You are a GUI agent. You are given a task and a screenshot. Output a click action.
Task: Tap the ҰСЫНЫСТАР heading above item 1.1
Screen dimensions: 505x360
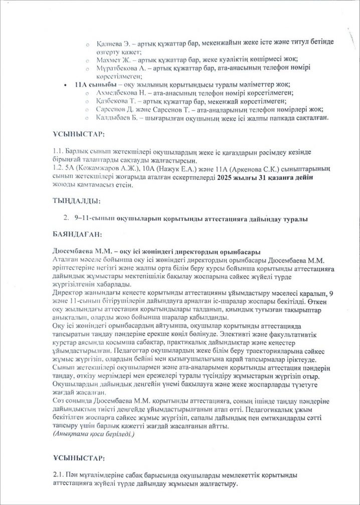tap(78, 135)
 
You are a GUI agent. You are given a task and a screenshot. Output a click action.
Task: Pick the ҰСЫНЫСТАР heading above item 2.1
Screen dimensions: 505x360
tap(78, 458)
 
